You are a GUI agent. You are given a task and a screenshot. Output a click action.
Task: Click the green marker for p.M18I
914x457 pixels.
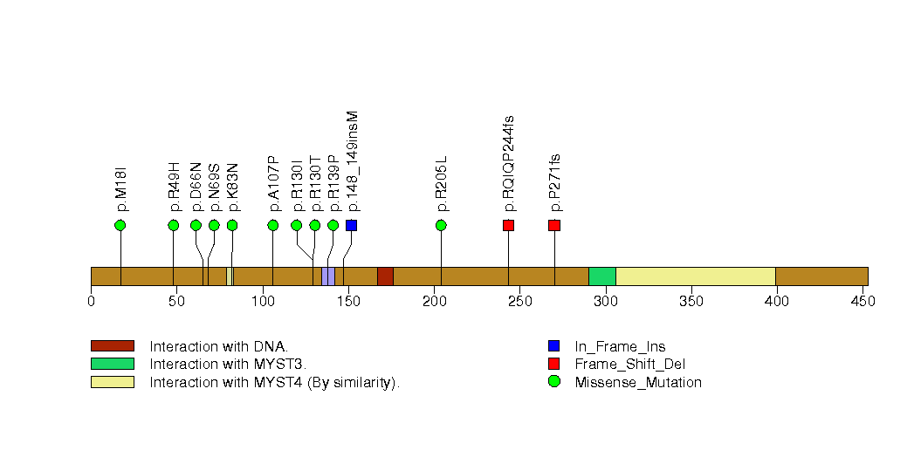[120, 226]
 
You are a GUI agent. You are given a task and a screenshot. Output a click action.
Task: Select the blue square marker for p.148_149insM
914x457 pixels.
[351, 226]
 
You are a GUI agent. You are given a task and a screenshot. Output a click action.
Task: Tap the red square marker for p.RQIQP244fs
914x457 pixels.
[508, 226]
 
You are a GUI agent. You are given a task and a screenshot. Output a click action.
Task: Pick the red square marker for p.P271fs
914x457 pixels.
[554, 226]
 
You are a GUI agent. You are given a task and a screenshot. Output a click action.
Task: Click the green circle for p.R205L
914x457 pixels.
[441, 226]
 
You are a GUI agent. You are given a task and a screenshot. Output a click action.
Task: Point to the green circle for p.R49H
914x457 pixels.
[174, 226]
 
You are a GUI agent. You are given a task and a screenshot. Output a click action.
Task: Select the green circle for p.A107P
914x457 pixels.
[273, 226]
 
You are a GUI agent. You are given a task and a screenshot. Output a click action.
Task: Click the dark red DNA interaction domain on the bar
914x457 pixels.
[385, 276]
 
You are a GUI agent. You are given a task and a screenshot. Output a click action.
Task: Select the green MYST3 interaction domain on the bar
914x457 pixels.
[602, 276]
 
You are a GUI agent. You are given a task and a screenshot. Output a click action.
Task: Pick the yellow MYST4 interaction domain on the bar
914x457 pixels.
[696, 276]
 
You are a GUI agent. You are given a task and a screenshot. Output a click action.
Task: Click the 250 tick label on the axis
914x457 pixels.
[519, 302]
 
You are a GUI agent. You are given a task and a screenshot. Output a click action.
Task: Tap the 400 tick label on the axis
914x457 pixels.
[776, 302]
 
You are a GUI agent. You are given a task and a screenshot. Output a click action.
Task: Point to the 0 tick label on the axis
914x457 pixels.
[92, 302]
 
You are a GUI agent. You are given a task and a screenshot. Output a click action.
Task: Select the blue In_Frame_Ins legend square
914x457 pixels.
[554, 345]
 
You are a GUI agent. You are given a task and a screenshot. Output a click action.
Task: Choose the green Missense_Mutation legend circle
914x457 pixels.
[554, 382]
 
